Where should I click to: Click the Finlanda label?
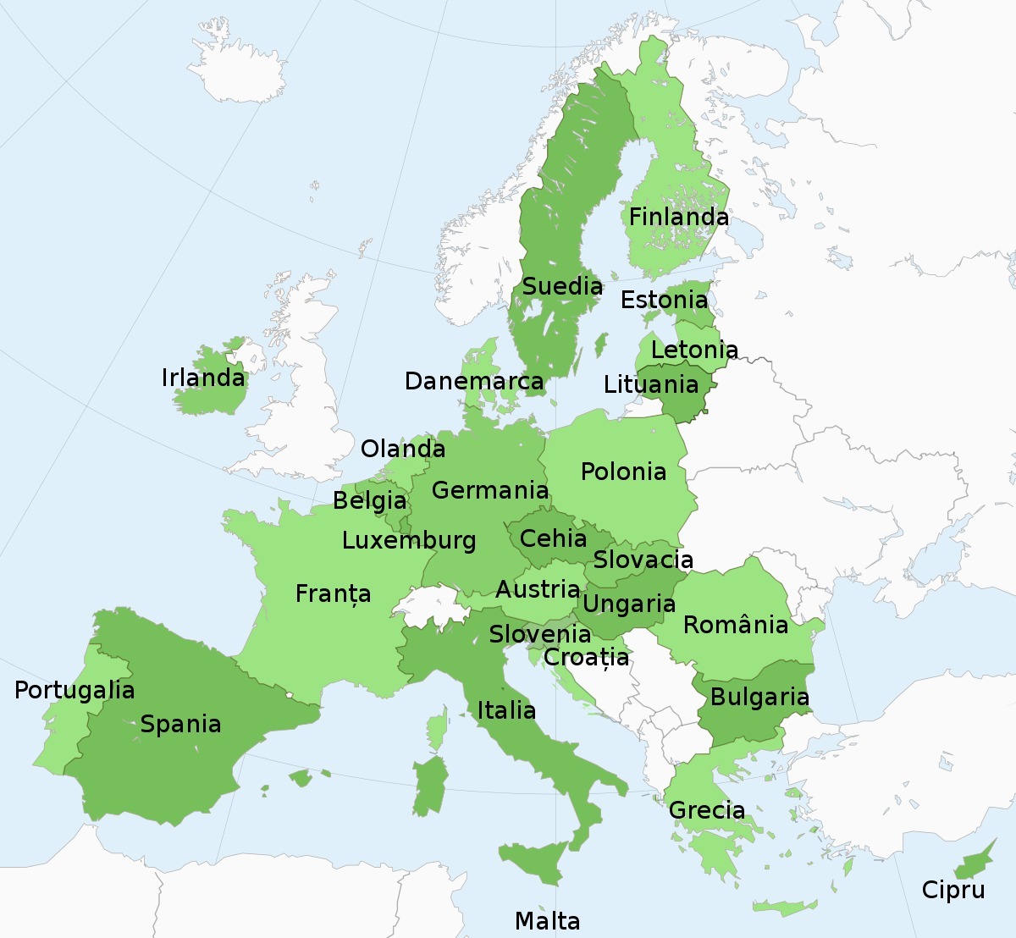pyautogui.click(x=678, y=217)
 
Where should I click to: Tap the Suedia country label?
pyautogui.click(x=562, y=286)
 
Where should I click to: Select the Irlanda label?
pyautogui.click(x=203, y=378)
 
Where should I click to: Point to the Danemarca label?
pyautogui.click(x=473, y=381)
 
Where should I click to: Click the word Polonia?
pyautogui.click(x=623, y=472)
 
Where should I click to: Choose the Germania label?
pyautogui.click(x=489, y=490)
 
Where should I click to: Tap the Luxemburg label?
pyautogui.click(x=409, y=540)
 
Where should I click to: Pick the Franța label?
pyautogui.click(x=333, y=593)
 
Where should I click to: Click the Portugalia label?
pyautogui.click(x=75, y=690)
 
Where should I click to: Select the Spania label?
pyautogui.click(x=180, y=724)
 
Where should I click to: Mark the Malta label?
pyautogui.click(x=547, y=921)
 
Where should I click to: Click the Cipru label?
pyautogui.click(x=953, y=890)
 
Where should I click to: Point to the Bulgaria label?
pyautogui.click(x=759, y=697)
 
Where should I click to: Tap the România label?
pyautogui.click(x=735, y=625)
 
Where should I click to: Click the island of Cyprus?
pyautogui.click(x=974, y=863)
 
